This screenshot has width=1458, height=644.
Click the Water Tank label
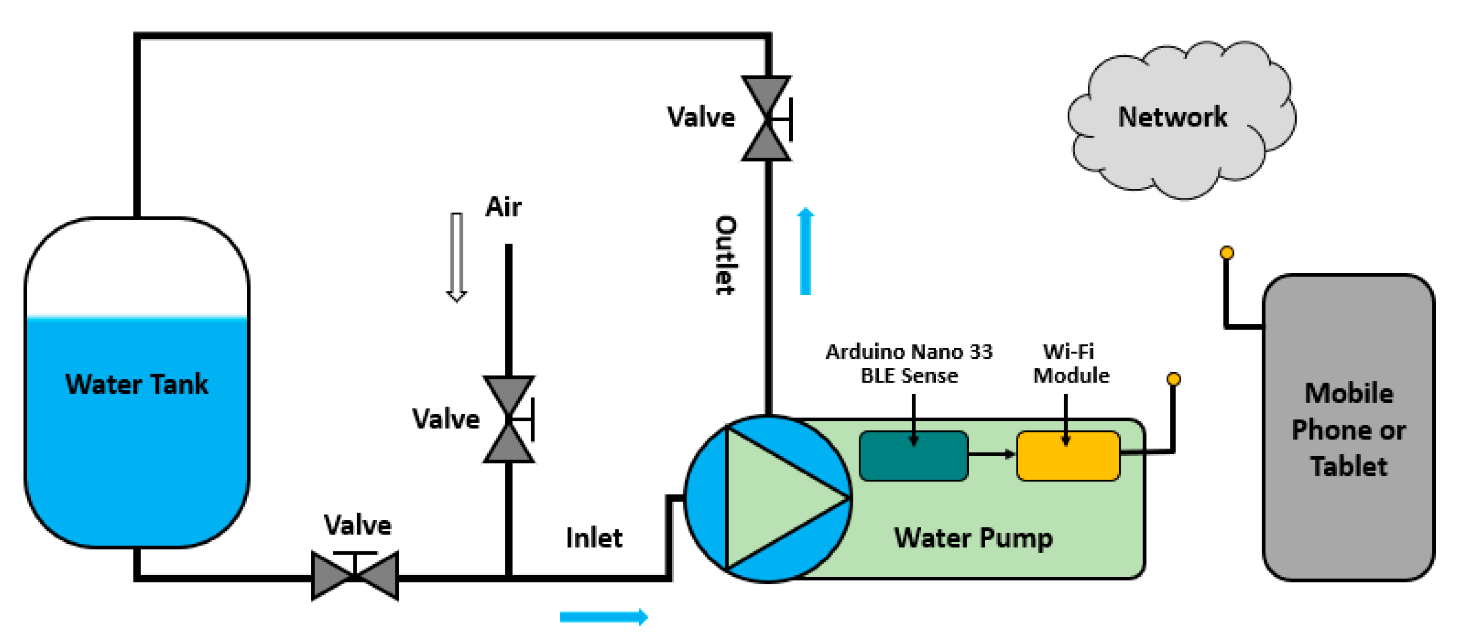[x=136, y=384]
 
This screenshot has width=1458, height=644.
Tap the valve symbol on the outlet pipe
[x=766, y=119]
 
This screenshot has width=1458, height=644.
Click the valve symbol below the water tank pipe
[x=355, y=575]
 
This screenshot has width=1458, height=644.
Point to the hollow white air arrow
[x=456, y=257]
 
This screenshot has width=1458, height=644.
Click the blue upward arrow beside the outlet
[x=805, y=251]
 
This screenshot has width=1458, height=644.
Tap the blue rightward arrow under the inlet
[x=603, y=616]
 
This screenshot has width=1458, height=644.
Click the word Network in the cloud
[x=1172, y=117]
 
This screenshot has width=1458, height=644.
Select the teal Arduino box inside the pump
[x=913, y=456]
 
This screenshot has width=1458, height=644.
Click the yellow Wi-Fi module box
[x=1068, y=456]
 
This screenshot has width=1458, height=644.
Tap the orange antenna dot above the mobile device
[x=1226, y=253]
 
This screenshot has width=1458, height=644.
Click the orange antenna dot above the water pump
[x=1173, y=379]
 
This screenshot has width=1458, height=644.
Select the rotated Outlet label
[x=725, y=255]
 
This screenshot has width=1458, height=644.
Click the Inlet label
[x=594, y=538]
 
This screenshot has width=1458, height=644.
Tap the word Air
[x=503, y=207]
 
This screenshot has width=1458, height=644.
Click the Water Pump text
[x=973, y=538]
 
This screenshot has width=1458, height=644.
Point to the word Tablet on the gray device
[x=1348, y=467]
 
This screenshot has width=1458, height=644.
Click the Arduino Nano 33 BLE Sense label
[x=909, y=363]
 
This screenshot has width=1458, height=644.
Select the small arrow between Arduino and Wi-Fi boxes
[x=991, y=453]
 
